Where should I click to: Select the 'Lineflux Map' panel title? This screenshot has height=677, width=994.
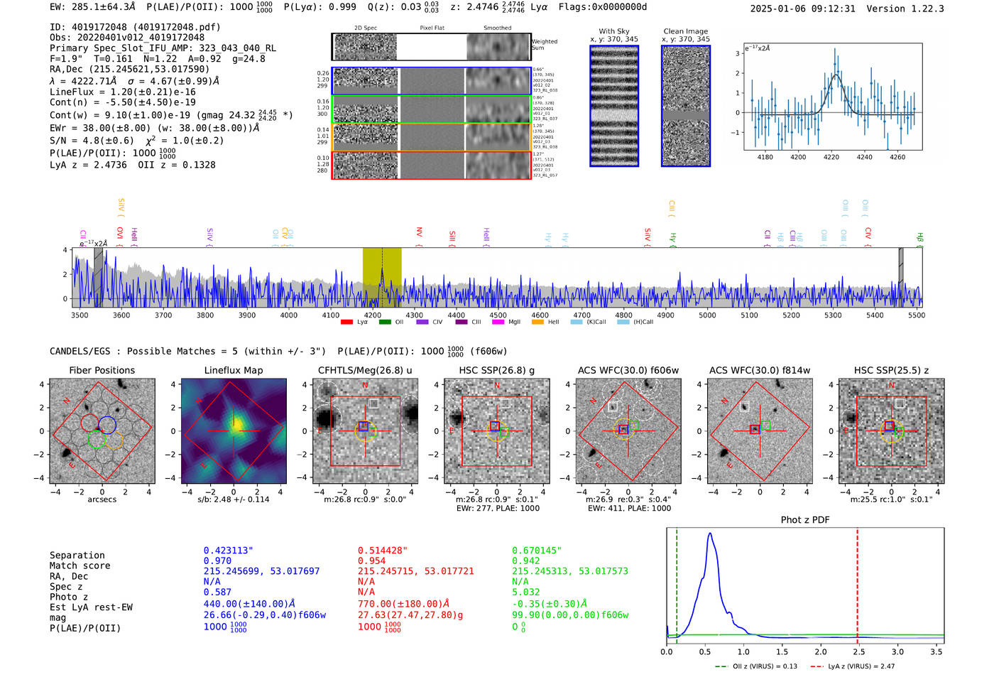234,370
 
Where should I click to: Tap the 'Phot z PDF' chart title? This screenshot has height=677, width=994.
805,520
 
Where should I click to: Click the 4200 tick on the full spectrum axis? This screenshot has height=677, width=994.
372,315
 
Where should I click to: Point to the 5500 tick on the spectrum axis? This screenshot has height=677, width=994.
917,315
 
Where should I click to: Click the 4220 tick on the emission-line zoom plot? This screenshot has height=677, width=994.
831,157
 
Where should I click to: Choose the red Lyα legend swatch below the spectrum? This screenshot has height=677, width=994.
346,323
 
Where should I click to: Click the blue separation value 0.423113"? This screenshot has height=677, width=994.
228,551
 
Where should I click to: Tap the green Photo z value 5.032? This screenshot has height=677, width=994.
526,592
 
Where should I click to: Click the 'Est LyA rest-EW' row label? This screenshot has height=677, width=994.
91,607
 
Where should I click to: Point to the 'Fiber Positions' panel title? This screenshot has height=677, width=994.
102,370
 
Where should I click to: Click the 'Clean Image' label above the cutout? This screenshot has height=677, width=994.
685,31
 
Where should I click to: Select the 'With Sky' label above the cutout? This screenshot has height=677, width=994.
614,31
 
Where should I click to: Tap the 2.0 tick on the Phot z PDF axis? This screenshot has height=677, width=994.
821,651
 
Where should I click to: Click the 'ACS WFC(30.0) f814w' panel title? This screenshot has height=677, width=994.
760,370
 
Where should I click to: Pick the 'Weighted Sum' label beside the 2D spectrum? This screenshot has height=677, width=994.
545,45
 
